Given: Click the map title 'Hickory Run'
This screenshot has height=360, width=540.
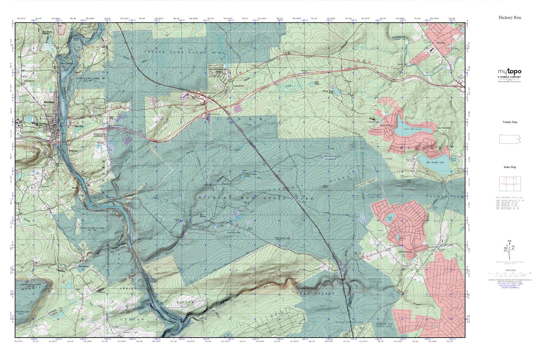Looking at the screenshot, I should [509, 18].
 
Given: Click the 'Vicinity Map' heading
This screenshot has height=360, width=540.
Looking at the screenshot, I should [509, 122].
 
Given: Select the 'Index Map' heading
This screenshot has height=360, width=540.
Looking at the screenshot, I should [509, 167].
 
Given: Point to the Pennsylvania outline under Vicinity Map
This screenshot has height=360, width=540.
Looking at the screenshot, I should [509, 139].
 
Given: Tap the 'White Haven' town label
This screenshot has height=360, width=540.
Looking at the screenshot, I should [39, 123].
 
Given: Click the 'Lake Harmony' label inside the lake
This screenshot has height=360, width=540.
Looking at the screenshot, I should [413, 129].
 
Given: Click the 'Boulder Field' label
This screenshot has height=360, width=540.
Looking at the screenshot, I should [332, 156].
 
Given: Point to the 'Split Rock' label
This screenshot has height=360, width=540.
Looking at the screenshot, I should [385, 125].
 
